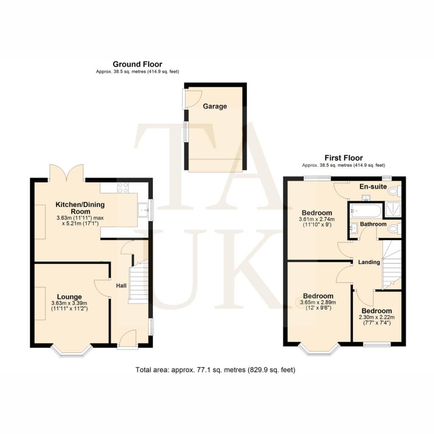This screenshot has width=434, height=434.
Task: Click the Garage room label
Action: pos(215,106)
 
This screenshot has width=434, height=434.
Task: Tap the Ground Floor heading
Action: pos(137,64)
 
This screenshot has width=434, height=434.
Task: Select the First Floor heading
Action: pos(343,158)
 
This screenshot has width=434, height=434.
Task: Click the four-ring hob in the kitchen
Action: pos(123,188)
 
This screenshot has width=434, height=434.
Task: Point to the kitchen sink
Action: pos(143,210)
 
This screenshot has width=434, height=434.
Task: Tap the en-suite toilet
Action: pos(394,191)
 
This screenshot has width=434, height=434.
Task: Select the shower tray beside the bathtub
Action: pos(393,210)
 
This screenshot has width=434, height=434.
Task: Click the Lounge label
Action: pos(69,297)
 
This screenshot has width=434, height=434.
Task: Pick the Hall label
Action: pos(121,286)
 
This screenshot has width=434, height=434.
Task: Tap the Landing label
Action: pos(369,262)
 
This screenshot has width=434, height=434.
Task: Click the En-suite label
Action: pos(373,186)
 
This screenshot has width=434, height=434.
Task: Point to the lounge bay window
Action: pos(71,351)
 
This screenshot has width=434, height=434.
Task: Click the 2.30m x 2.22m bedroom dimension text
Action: pos(377,317)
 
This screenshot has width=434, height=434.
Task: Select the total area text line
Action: pos(215,370)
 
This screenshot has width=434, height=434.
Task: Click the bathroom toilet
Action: pos(394,228)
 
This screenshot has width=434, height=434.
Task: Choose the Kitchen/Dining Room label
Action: pos(80,208)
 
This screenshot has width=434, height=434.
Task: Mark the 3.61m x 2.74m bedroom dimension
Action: pos(317,219)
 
